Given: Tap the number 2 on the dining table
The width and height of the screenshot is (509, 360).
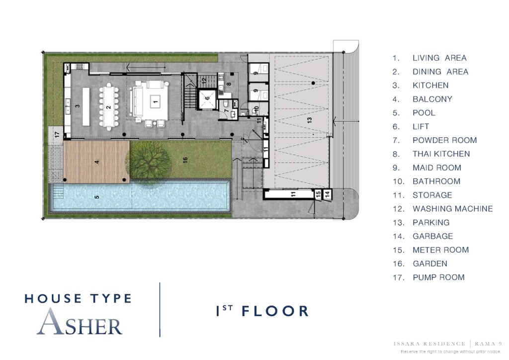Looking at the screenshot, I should [108, 107].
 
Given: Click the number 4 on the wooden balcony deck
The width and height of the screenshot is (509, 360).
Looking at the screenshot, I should [97, 162].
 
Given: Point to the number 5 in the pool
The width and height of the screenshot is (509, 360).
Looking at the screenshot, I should [97, 196].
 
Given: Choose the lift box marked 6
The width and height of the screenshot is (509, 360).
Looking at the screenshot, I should [208, 98].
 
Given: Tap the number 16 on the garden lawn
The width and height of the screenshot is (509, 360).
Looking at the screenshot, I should [185, 160].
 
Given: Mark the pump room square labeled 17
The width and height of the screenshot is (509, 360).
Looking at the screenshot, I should [57, 135].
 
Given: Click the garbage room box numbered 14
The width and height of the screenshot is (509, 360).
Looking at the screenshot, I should [327, 195].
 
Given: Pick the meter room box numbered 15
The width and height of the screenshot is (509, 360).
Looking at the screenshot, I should [318, 195].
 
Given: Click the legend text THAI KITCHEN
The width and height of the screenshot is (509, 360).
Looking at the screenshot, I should [441, 154].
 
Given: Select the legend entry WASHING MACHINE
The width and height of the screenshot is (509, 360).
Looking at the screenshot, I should [452, 209].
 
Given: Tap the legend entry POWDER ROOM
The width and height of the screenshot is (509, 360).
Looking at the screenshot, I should [444, 140].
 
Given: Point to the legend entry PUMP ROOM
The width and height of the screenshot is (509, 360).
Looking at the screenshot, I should [438, 277].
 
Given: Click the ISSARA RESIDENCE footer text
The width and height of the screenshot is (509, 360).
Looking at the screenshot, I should [430, 344].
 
